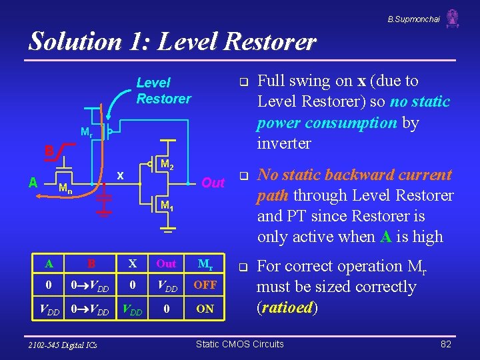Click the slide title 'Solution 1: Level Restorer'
[172, 41]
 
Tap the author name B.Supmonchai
[413, 19]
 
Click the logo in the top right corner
[453, 18]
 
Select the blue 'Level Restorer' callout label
[163, 91]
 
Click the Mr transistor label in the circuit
[86, 133]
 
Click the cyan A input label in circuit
[33, 181]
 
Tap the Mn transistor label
[65, 188]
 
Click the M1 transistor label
[167, 207]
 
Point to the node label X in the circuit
[121, 176]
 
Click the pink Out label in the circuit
[213, 183]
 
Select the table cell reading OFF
[205, 285]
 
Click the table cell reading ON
[205, 309]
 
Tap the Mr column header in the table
[206, 263]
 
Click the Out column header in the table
[166, 263]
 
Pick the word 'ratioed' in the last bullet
[288, 308]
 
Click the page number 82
[446, 344]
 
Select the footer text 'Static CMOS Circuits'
[239, 344]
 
